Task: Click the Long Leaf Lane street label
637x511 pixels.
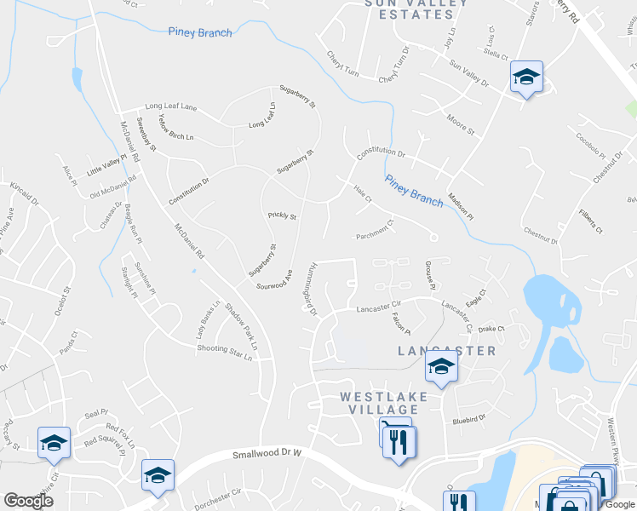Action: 170,107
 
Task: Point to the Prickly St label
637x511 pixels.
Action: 281,216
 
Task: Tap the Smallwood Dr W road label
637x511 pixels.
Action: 267,456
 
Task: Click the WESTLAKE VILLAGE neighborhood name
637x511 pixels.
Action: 380,404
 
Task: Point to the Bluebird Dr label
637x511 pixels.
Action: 468,419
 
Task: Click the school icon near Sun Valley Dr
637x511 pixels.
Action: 526,78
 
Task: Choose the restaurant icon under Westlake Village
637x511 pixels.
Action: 398,441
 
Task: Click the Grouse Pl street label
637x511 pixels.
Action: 431,273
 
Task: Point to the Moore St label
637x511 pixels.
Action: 460,125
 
